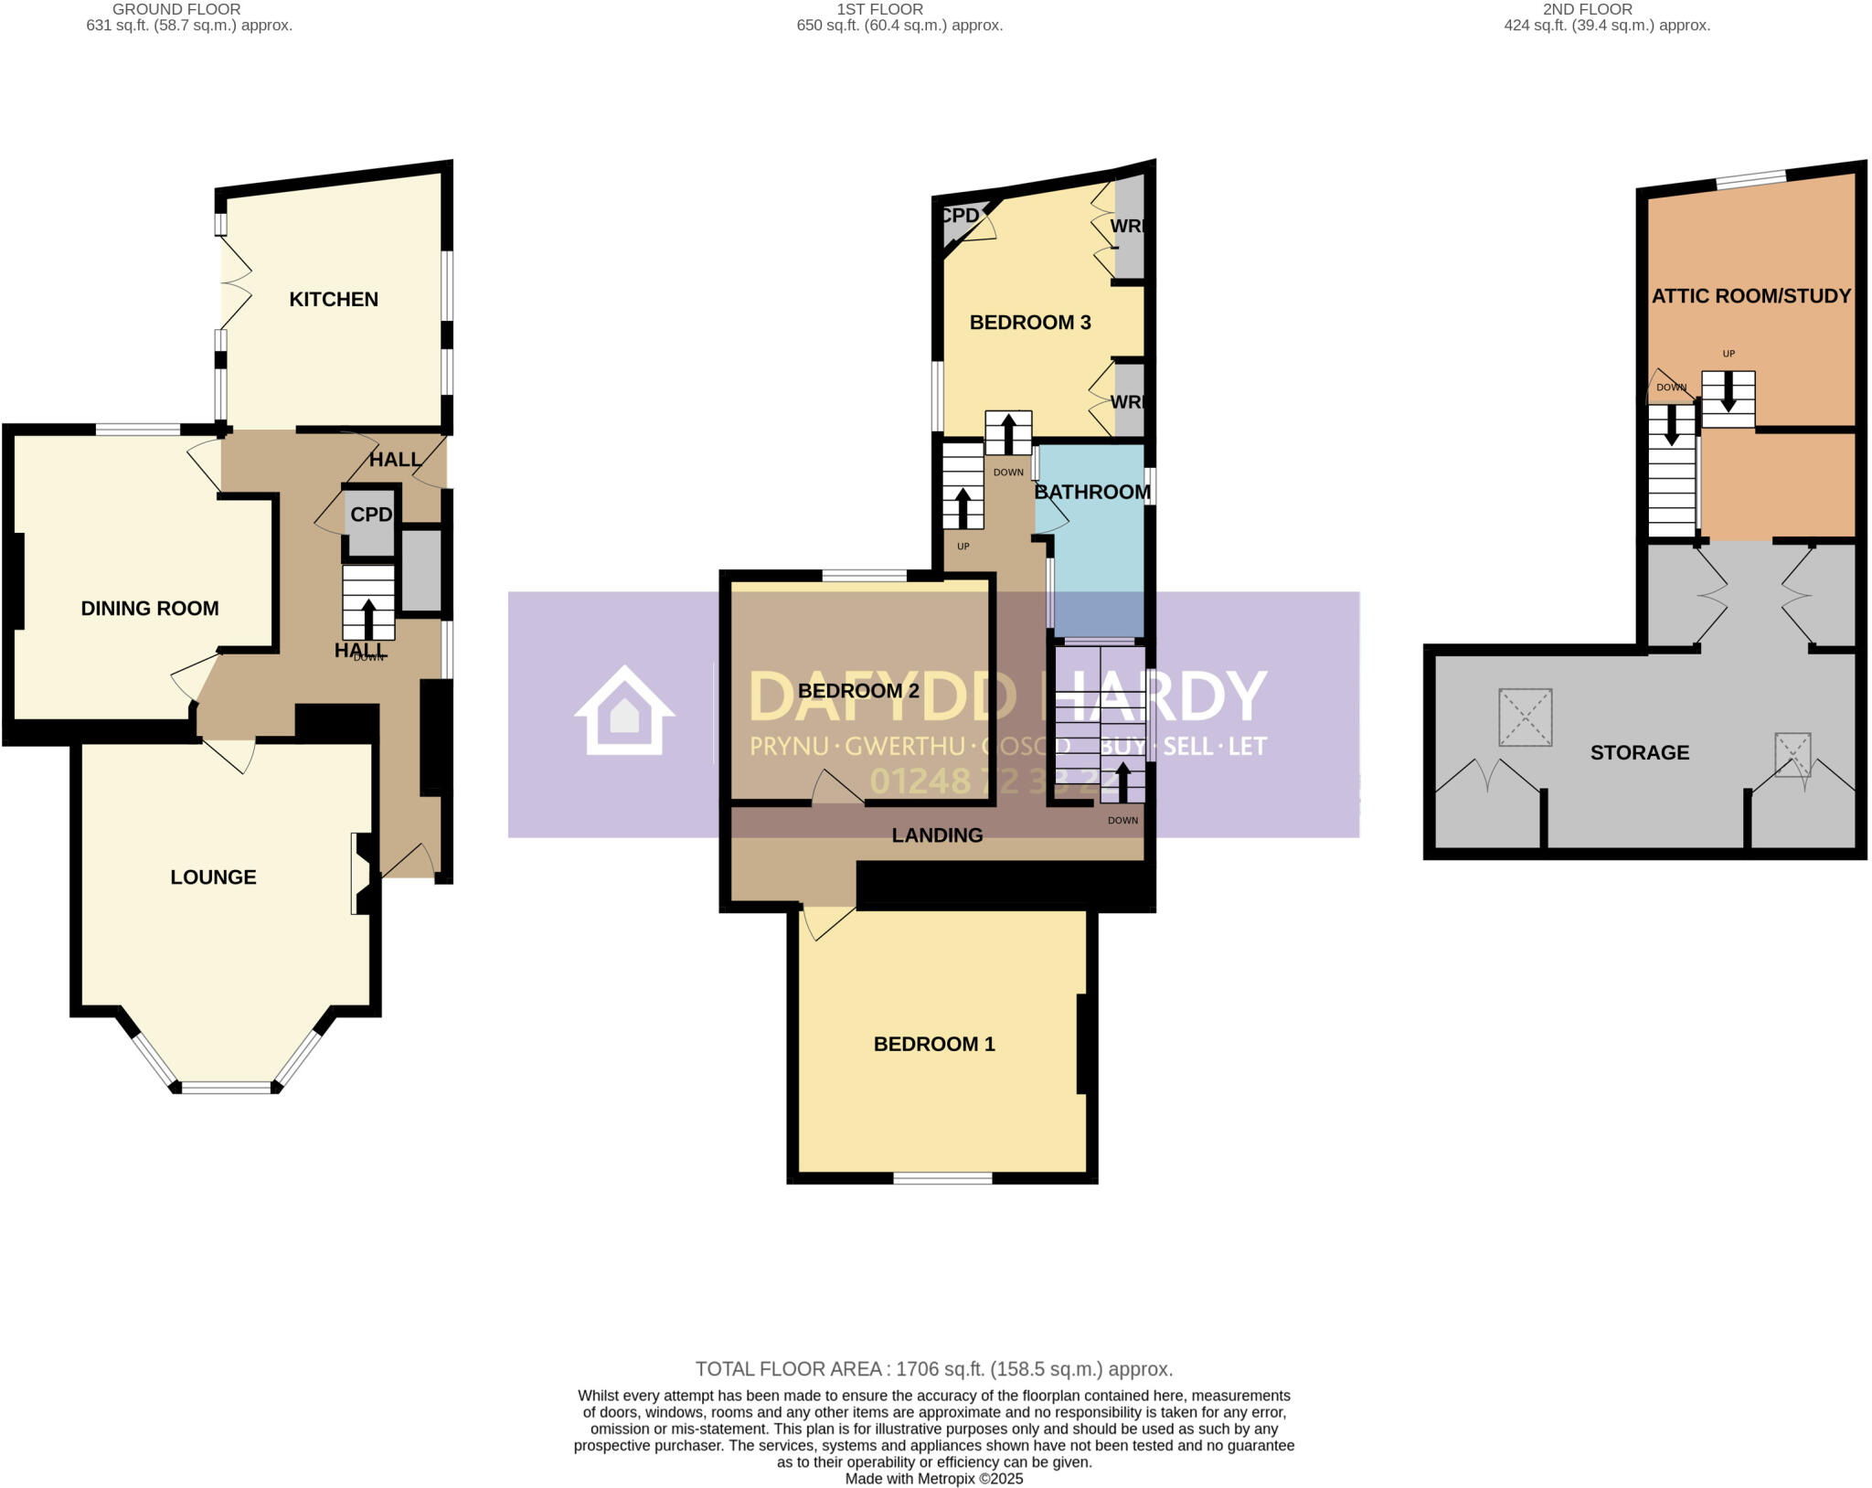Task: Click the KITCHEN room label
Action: pos(334,299)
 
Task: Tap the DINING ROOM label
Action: pos(150,608)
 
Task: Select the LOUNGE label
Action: pos(213,877)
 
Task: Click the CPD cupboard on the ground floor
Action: pos(370,516)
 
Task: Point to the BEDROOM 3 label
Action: pos(1030,322)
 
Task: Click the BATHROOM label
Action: pos(1092,492)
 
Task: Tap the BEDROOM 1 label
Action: pos(934,1044)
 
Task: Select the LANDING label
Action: pos(937,834)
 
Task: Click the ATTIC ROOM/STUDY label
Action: pos(1750,295)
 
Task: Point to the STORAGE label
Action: pos(1640,752)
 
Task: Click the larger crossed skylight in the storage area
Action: pos(1525,717)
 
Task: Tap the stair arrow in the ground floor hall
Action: pos(368,618)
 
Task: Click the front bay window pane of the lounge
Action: pos(227,1088)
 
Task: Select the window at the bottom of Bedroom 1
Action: pos(942,1179)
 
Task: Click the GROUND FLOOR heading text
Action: pos(176,9)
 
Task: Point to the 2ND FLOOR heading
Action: pos(1587,9)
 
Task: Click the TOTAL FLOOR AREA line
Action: pos(933,1369)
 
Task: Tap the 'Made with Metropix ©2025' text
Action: pos(933,1479)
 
